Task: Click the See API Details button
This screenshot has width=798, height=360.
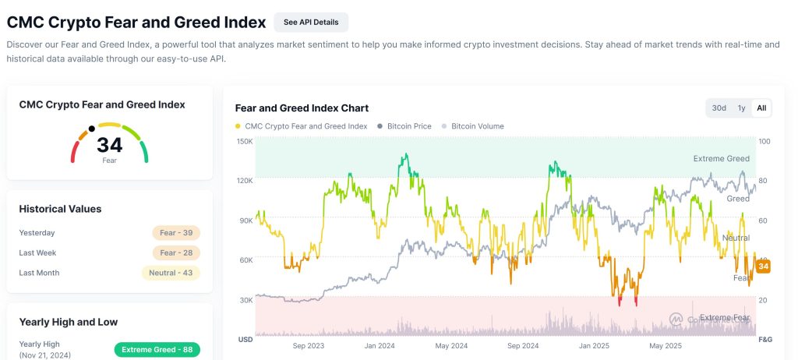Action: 311,22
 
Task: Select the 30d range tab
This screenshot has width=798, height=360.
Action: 719,108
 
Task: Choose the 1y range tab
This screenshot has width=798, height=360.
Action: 741,108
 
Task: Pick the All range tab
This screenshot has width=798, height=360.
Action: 761,108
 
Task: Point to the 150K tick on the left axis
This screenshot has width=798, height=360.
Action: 245,141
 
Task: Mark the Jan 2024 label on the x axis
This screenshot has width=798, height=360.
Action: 381,346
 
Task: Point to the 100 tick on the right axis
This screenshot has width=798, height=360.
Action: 764,141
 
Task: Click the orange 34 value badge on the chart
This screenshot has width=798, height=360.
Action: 764,267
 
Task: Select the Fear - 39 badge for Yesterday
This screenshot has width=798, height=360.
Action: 176,232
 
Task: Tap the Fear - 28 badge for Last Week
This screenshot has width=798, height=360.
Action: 176,252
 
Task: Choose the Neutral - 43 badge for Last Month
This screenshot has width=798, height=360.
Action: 170,273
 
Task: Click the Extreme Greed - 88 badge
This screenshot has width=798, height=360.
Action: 157,349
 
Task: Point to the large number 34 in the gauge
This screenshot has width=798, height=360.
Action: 110,145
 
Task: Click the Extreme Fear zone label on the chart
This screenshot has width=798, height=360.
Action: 725,317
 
